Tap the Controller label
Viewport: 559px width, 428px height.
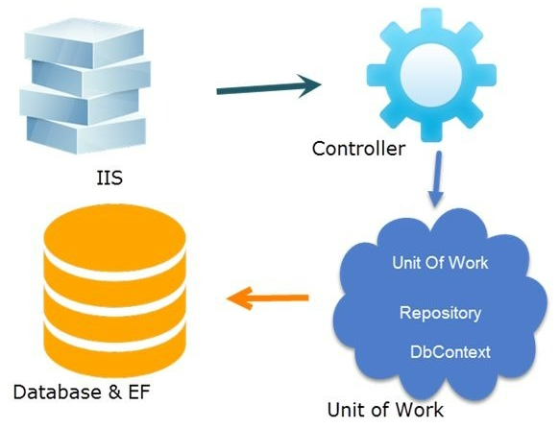coord(358,150)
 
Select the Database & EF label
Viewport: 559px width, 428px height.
coord(82,392)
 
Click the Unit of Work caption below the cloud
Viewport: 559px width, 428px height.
coord(385,410)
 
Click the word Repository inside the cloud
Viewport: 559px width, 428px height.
coord(440,313)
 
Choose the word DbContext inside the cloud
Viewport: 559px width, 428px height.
coord(450,352)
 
